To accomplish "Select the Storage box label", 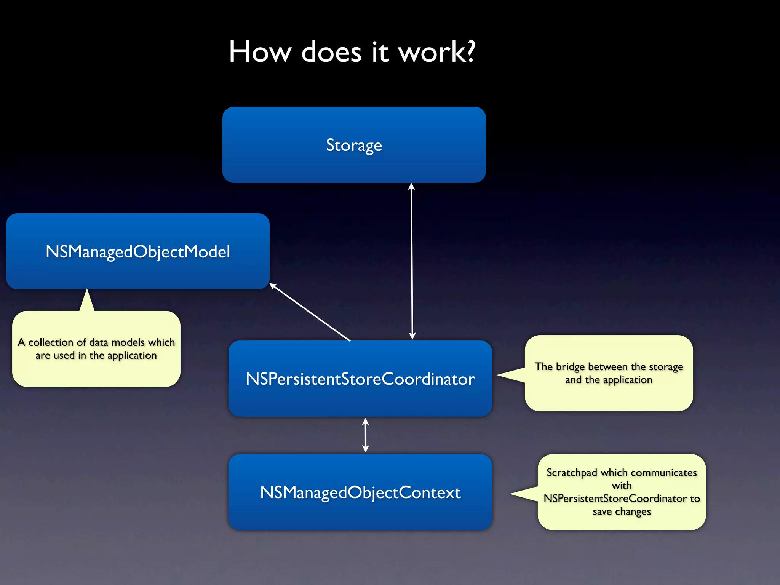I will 354,145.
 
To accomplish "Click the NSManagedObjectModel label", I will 138,252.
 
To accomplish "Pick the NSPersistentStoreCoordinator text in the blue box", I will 360,379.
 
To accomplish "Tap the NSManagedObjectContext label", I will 360,492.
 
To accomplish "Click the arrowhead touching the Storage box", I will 411,186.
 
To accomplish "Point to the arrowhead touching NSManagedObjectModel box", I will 273,286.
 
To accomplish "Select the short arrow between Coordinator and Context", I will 366,435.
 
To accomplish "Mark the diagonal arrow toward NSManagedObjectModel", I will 310,312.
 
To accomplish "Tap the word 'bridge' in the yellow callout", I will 570,367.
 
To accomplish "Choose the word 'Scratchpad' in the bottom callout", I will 572,473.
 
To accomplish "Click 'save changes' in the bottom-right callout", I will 622,511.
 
